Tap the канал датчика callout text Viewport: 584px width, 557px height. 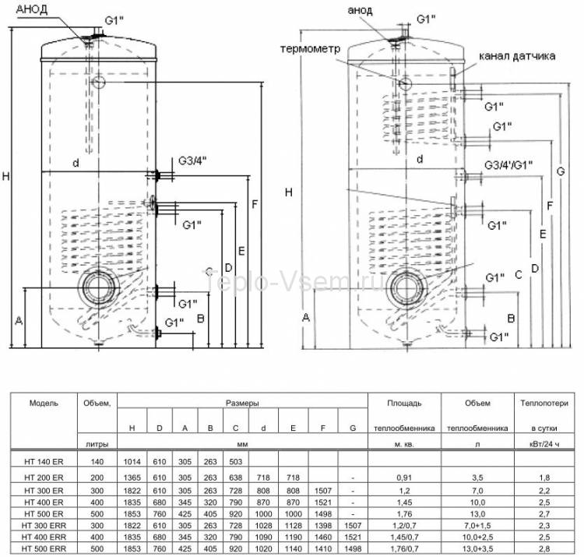518,56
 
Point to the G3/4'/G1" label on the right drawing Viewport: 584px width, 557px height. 507,165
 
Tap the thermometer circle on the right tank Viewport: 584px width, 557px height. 406,82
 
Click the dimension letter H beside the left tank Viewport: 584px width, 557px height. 5,177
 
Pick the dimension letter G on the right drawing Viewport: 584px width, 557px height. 561,171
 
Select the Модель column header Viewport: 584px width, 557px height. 44,403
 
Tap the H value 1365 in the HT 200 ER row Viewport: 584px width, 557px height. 132,477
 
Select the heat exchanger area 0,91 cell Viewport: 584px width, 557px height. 404,477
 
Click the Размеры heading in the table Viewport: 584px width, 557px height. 242,403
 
